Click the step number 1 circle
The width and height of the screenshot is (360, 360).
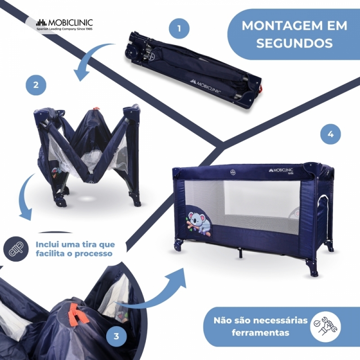[x=179, y=29]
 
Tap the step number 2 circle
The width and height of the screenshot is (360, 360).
[x=36, y=85]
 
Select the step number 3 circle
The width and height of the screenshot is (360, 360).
[x=117, y=336]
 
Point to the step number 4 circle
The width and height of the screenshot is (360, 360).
[x=331, y=134]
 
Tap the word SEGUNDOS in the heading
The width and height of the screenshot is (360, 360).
[x=295, y=43]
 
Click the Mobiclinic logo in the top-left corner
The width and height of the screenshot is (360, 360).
[x=64, y=24]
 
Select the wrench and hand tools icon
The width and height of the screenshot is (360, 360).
[x=325, y=326]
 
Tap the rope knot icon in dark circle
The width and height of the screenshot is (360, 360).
[x=16, y=249]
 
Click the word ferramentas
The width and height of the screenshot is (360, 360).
[x=261, y=333]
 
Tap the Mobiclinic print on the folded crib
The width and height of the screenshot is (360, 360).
[x=205, y=86]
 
